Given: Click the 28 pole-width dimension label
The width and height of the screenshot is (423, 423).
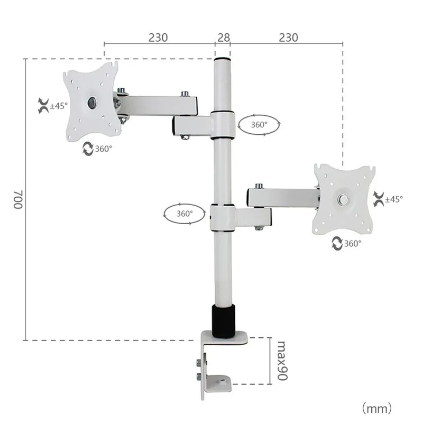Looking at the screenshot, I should pyautogui.click(x=223, y=38).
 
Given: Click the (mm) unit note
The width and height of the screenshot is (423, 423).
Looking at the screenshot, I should pyautogui.click(x=376, y=408).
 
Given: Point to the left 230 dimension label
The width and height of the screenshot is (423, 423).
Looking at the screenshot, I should pyautogui.click(x=158, y=38).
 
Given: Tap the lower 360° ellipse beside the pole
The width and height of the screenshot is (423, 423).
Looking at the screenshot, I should pyautogui.click(x=185, y=214).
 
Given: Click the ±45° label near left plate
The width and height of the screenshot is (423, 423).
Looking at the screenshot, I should pyautogui.click(x=59, y=106).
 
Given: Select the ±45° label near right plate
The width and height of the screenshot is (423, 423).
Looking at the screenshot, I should pyautogui.click(x=394, y=199).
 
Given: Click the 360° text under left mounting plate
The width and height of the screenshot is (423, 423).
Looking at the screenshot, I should pyautogui.click(x=104, y=149).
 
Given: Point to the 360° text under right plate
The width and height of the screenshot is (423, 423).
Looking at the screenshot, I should pyautogui.click(x=353, y=243).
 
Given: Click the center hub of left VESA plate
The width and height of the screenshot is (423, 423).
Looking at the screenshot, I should pyautogui.click(x=93, y=102).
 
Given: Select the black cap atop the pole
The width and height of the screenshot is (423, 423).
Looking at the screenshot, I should pyautogui.click(x=222, y=59).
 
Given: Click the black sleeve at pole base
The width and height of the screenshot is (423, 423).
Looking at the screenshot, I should pyautogui.click(x=223, y=320).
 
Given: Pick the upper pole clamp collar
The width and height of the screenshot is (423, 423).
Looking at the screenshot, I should pyautogui.click(x=223, y=125).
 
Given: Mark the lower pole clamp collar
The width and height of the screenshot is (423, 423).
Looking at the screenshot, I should pyautogui.click(x=222, y=217).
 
